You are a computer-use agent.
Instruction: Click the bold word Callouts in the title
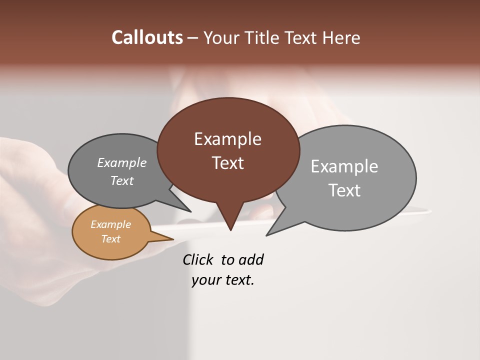tap(147, 37)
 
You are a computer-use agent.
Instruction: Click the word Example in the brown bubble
tap(227, 139)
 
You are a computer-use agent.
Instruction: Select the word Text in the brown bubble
tap(227, 163)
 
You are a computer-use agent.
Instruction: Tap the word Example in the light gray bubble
tap(344, 166)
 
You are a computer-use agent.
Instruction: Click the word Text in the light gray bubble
tap(344, 190)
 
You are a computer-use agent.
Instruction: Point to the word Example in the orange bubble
tap(110, 224)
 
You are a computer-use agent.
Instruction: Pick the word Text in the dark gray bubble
tap(121, 180)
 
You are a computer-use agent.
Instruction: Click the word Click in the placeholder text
tap(197, 259)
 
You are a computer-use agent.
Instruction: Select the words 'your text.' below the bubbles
tap(223, 280)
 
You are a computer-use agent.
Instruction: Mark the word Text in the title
tap(301, 37)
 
